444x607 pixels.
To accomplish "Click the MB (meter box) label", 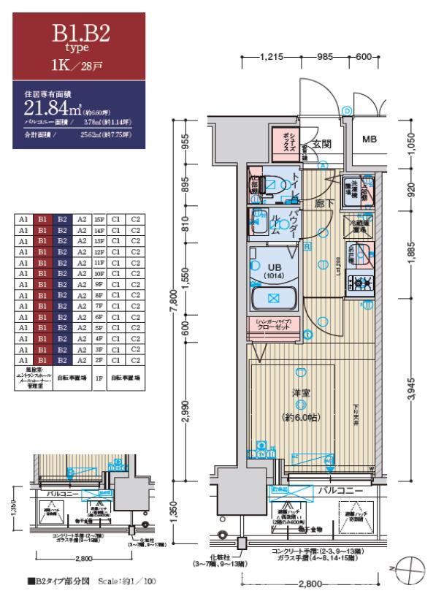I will click(x=371, y=141).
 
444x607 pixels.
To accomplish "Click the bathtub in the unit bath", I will click(x=274, y=299).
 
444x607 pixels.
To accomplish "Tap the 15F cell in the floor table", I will click(x=101, y=218).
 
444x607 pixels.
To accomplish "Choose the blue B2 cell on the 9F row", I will click(x=63, y=280).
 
